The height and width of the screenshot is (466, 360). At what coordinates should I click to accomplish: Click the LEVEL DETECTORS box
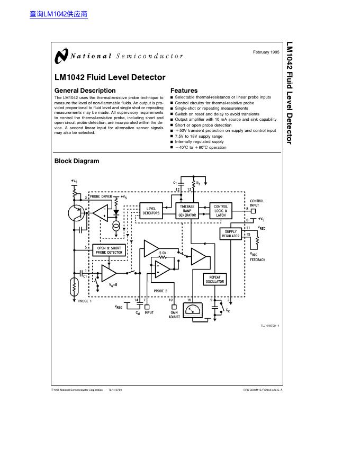(x=151, y=211)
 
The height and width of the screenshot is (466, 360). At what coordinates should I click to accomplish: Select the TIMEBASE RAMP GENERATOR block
(x=187, y=211)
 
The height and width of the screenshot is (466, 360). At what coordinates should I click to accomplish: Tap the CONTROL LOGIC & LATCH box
(x=221, y=211)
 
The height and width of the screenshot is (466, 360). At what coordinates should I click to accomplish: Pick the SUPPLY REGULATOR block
(x=231, y=234)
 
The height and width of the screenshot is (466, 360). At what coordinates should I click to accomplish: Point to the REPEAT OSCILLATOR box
(x=215, y=279)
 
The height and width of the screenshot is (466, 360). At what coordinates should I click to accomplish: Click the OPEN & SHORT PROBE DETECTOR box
(x=109, y=250)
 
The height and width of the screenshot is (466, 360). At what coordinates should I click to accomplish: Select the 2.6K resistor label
(x=163, y=254)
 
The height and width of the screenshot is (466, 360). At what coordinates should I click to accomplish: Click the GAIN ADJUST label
(x=174, y=315)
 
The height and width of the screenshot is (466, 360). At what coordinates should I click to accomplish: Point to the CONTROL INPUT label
(x=257, y=203)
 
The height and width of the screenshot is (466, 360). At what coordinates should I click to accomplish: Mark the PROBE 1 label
(x=85, y=301)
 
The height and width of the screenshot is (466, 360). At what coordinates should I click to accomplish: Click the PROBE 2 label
(x=160, y=291)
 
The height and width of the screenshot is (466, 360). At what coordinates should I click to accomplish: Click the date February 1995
(x=266, y=52)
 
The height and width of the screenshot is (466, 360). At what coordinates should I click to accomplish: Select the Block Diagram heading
(x=77, y=161)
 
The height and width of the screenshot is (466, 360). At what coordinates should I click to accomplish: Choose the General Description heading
(x=85, y=91)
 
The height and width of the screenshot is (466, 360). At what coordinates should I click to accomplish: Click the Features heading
(x=184, y=91)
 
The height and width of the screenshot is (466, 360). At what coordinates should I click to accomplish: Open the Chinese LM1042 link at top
(x=58, y=14)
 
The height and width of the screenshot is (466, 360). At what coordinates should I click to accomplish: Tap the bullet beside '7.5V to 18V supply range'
(x=172, y=137)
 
